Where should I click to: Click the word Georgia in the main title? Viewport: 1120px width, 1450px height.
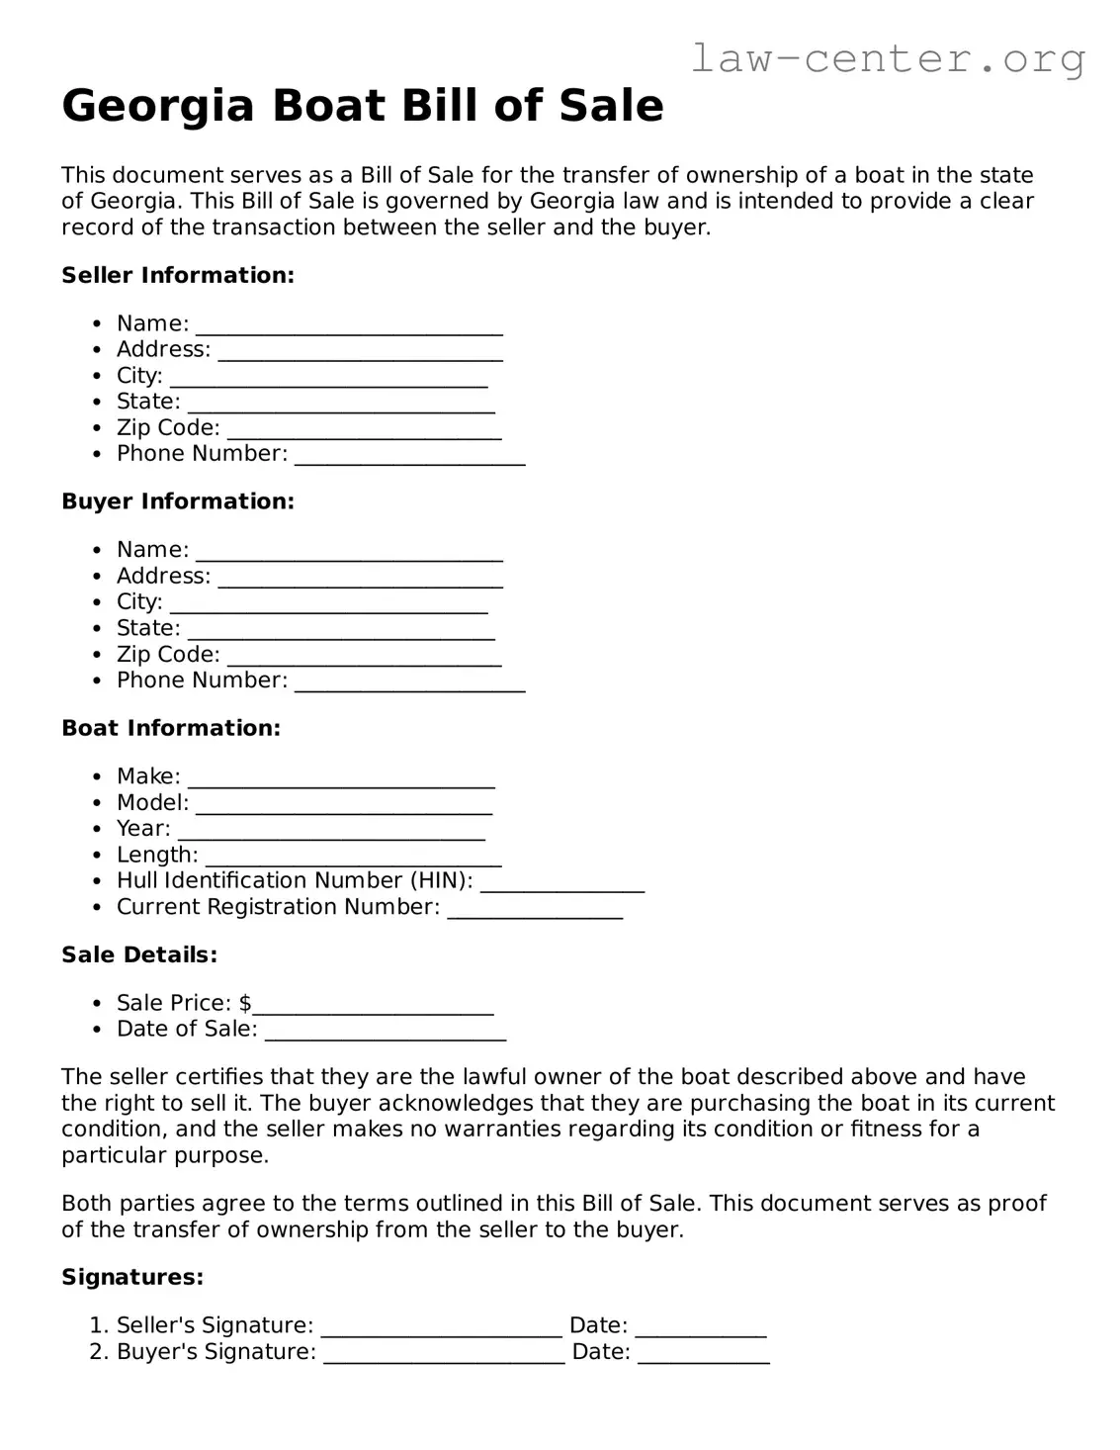tap(158, 106)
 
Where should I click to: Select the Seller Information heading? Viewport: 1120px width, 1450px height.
tap(178, 275)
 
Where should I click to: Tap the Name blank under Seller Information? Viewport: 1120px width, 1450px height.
tap(349, 326)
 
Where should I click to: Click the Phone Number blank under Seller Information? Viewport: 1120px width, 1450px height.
tap(409, 456)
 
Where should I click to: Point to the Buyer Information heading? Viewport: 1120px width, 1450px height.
tap(178, 501)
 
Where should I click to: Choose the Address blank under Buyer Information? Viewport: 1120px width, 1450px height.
tap(360, 579)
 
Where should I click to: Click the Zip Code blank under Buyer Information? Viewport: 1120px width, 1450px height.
tap(364, 657)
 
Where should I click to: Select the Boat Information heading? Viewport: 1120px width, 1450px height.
tap(171, 728)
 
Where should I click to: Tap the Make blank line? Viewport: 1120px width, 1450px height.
tap(341, 779)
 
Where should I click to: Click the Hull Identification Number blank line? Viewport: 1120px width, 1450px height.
tap(561, 883)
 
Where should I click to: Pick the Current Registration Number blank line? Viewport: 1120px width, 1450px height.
tap(535, 910)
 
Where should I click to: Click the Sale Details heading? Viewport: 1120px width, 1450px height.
tap(139, 954)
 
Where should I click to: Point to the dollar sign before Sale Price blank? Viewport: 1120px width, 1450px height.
tap(245, 1003)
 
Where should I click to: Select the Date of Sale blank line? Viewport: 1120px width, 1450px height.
tap(386, 1032)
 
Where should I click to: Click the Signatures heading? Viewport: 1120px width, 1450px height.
tap(132, 1277)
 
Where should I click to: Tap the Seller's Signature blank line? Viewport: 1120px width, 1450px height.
tap(441, 1328)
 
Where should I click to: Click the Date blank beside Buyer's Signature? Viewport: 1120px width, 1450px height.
tap(703, 1354)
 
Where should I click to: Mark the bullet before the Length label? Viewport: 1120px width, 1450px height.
tap(96, 856)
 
